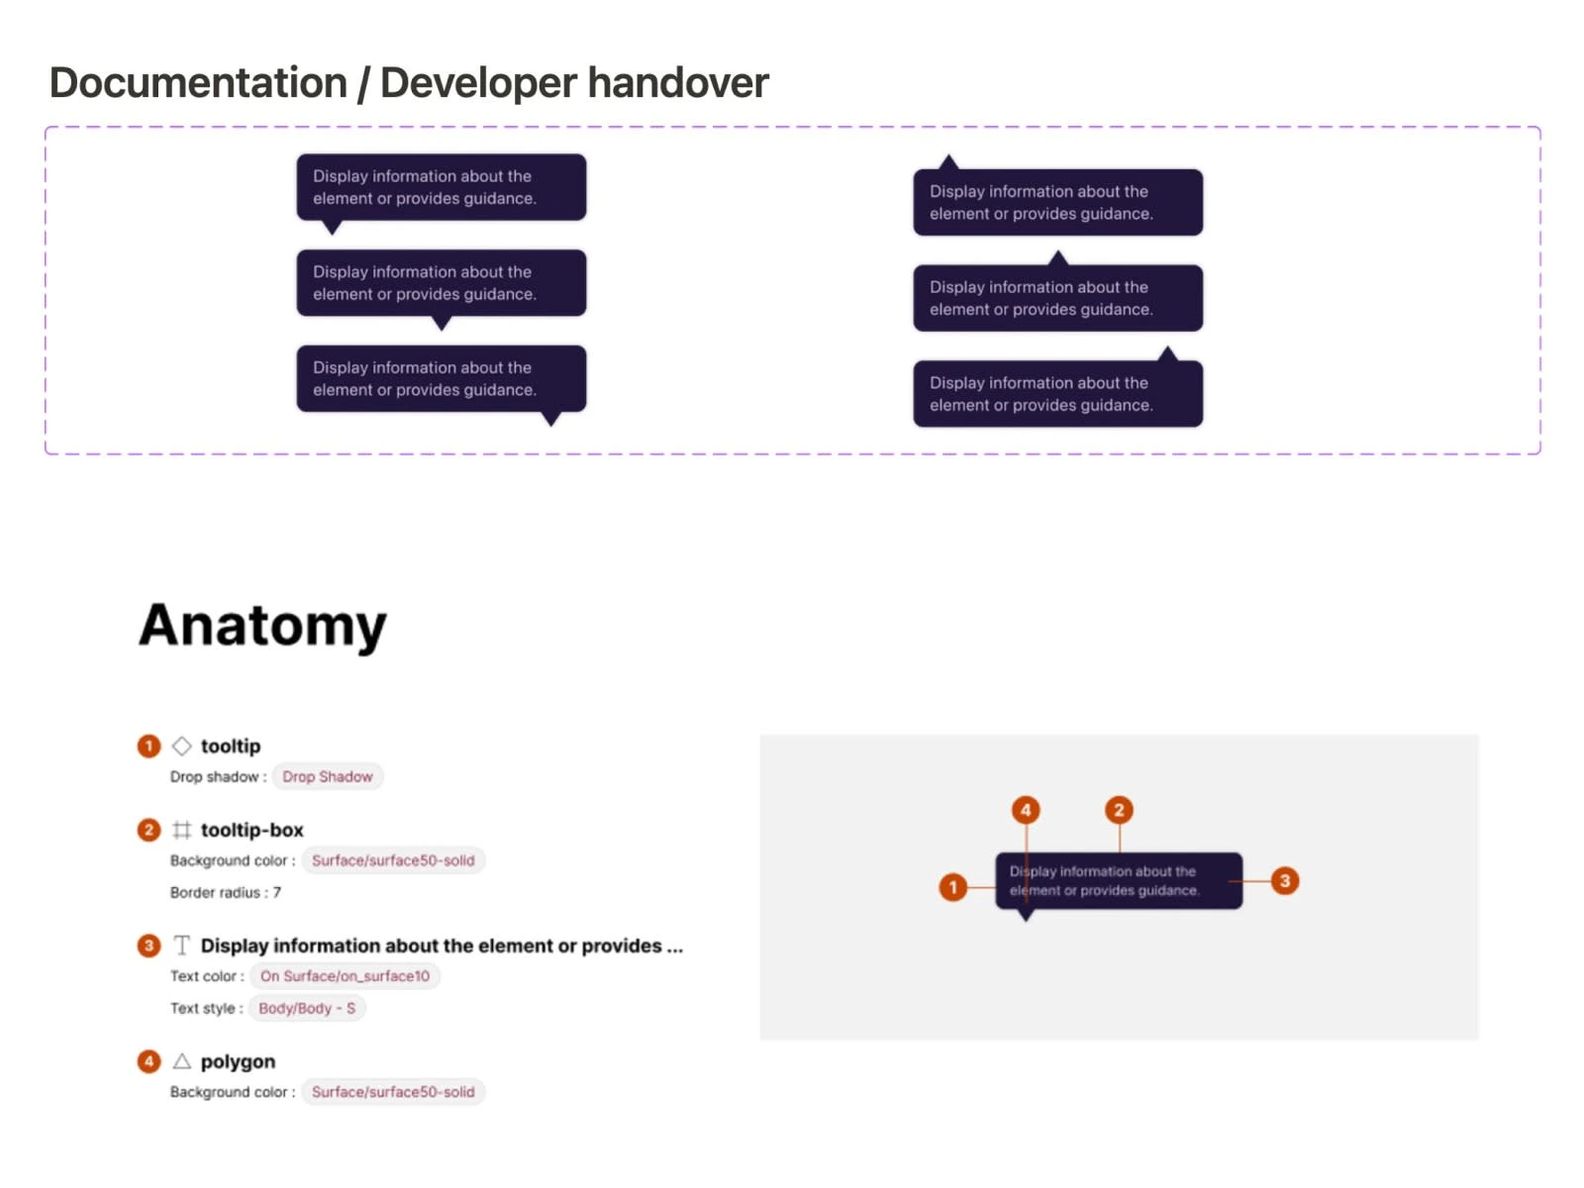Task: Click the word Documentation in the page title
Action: [198, 82]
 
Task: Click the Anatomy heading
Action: [262, 626]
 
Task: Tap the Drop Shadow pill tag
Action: [328, 777]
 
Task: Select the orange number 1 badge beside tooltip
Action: [148, 745]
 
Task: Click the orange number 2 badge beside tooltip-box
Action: [148, 831]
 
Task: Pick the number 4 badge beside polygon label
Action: [148, 1061]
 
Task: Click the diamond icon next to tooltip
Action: [182, 745]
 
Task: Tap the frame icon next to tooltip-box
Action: [182, 831]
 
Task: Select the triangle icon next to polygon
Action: [182, 1061]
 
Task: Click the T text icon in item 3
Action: [182, 944]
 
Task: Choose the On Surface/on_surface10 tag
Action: [345, 976]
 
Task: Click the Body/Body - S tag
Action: [307, 1009]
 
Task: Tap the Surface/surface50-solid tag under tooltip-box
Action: [393, 860]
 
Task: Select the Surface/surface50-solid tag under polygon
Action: [393, 1092]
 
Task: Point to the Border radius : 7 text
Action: [226, 893]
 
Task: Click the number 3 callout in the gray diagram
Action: [1284, 881]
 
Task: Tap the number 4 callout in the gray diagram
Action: [1026, 810]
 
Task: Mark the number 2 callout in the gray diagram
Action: [1119, 810]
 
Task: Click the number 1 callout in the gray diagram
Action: [952, 886]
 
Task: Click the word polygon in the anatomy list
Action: [239, 1061]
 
